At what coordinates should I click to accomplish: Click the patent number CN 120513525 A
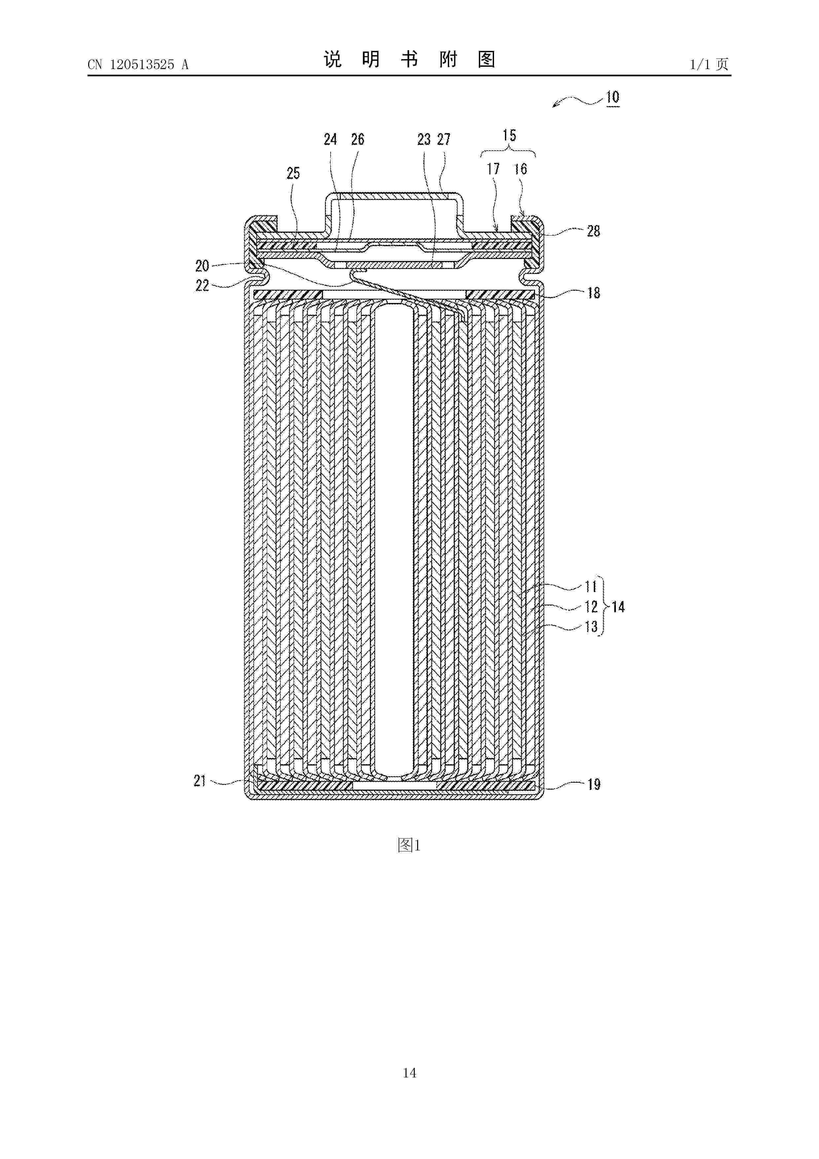click(x=138, y=65)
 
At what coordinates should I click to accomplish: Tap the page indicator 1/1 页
click(x=709, y=64)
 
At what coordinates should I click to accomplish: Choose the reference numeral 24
click(x=330, y=139)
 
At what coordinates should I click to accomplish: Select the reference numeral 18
click(x=593, y=293)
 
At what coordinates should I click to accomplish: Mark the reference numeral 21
click(x=200, y=781)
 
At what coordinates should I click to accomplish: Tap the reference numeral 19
click(x=593, y=784)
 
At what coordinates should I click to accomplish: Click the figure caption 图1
click(x=409, y=845)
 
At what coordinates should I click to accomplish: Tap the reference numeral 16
click(x=520, y=169)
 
